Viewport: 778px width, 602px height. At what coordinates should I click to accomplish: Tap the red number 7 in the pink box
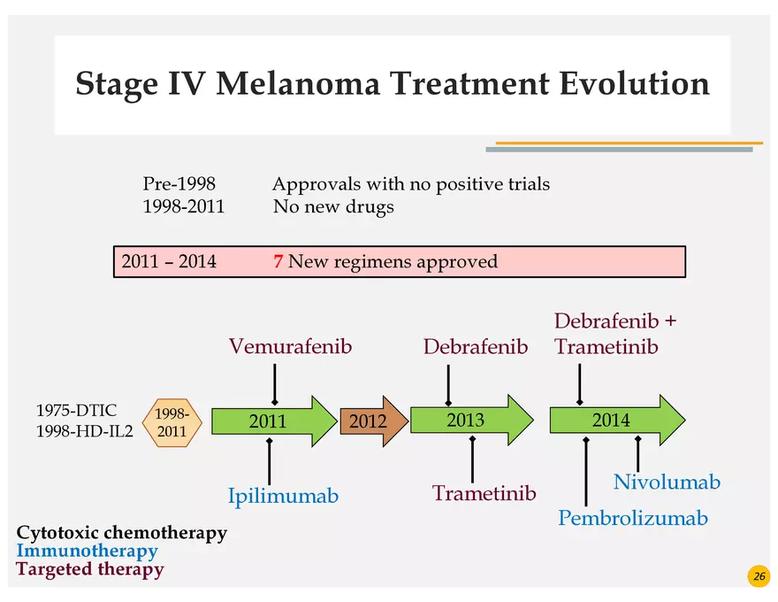pos(278,262)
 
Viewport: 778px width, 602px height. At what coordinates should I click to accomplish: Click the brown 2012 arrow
pos(370,421)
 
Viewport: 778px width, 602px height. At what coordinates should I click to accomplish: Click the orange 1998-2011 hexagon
pos(172,422)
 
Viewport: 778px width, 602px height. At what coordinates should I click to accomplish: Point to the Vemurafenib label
pos(290,346)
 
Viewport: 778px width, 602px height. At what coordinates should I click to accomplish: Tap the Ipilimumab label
pos(283,496)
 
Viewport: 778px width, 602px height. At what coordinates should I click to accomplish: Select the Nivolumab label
pos(667,482)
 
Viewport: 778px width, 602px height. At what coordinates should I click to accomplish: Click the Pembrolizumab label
pos(633,518)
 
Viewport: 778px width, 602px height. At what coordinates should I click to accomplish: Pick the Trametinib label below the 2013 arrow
pos(484,493)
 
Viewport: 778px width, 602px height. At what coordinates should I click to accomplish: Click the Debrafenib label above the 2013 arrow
pos(475,346)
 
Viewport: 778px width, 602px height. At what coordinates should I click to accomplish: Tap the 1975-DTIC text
pos(76,411)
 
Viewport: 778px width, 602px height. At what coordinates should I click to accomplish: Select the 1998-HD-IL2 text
pos(84,431)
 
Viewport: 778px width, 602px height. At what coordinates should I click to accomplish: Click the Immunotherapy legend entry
pos(87,551)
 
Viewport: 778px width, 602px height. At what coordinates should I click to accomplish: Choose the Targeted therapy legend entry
pos(89,569)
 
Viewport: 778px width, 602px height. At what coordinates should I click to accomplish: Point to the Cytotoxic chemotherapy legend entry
pos(121,533)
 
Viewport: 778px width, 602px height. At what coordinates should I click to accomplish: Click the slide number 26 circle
pos(759,576)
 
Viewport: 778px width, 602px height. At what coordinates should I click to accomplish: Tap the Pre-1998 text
pos(179,184)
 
